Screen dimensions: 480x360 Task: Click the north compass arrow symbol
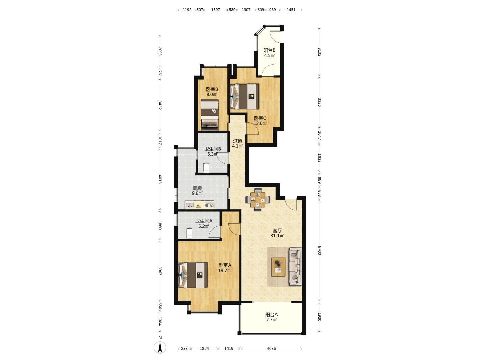click(160, 347)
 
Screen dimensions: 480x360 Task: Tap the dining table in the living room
click(258, 199)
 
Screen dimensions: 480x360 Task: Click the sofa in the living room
click(295, 267)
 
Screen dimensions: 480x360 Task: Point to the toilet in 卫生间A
click(189, 233)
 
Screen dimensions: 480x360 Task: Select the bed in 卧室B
click(210, 115)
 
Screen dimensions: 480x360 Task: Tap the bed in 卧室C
click(244, 97)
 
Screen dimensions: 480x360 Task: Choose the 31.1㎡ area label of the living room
click(277, 235)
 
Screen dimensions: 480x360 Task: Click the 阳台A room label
click(271, 315)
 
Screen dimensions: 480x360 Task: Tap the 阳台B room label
click(269, 50)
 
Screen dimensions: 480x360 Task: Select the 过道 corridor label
click(237, 141)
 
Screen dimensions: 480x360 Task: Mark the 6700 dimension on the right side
click(319, 250)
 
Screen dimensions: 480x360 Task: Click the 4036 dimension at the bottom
click(271, 349)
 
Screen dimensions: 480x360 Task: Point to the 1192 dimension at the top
click(187, 10)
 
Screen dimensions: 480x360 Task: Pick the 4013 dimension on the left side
click(160, 179)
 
